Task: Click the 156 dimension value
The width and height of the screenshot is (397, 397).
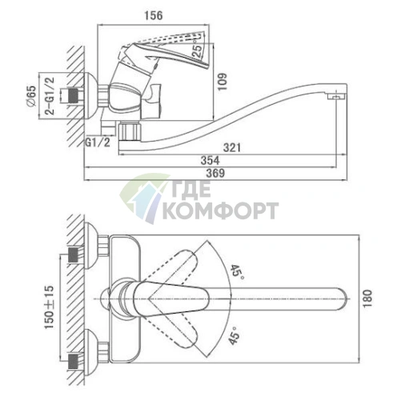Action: (x=154, y=15)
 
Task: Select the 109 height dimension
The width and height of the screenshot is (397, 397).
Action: (x=223, y=82)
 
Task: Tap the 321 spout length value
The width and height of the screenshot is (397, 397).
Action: (x=232, y=147)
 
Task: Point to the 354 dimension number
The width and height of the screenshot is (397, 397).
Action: (x=210, y=161)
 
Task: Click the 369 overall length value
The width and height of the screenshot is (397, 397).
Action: (x=215, y=173)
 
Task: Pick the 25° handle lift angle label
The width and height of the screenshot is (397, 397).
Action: (x=198, y=50)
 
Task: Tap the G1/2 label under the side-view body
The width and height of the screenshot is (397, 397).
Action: (x=98, y=142)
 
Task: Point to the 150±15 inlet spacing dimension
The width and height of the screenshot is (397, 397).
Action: (x=50, y=307)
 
